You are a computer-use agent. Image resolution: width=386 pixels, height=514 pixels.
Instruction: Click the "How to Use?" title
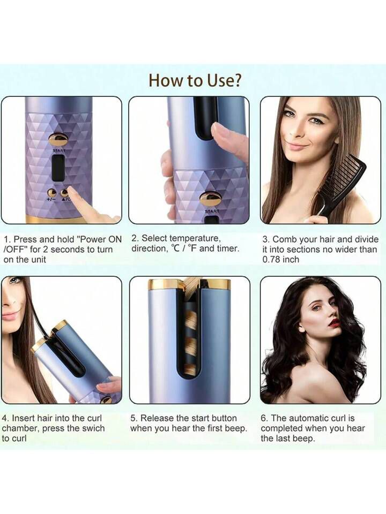click(195, 80)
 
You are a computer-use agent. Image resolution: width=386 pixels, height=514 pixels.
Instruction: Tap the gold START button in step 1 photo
click(58, 139)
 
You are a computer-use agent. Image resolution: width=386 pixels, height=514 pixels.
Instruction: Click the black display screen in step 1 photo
click(58, 168)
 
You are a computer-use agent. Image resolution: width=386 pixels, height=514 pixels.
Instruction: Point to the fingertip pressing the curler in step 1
click(72, 193)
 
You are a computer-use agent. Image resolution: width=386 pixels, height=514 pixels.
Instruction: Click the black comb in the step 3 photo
click(343, 182)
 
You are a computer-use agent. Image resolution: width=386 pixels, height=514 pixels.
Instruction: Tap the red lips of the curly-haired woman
click(334, 323)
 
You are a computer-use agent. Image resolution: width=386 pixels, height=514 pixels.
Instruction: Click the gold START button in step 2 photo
click(210, 199)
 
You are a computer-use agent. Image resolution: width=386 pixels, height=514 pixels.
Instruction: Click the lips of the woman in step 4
click(9, 316)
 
